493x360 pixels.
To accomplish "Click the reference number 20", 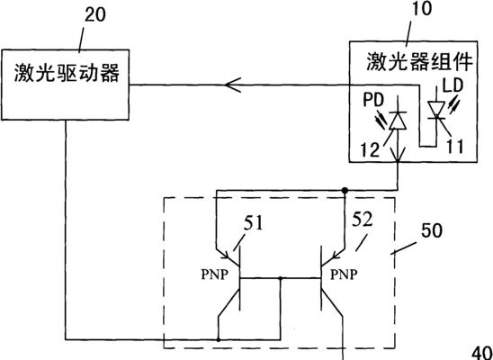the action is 95,15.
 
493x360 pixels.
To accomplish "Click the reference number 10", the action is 423,9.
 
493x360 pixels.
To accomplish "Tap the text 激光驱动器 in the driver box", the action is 67,73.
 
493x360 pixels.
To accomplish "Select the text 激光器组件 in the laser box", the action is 420,61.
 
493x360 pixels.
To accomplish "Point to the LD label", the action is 453,85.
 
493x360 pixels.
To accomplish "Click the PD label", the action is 374,100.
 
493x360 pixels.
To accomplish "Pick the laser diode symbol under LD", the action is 436,110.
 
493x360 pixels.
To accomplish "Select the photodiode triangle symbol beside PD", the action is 398,121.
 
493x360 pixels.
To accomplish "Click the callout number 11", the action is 455,146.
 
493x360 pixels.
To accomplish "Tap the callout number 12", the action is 371,149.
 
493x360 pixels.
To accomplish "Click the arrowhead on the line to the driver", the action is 233,85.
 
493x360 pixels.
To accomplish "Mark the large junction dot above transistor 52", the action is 345,190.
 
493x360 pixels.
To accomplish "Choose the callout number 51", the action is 253,223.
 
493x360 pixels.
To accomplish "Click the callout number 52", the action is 363,219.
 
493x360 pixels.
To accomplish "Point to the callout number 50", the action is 432,230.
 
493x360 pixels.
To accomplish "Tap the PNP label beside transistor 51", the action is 214,274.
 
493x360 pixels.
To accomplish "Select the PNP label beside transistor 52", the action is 344,274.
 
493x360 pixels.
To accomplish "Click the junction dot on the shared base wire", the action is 281,278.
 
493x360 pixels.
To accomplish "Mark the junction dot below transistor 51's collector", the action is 219,339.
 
